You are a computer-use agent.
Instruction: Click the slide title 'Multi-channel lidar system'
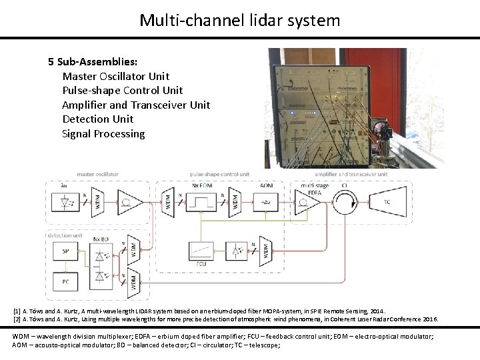click(240, 20)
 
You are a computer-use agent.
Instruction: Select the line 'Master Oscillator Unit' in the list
click(115, 76)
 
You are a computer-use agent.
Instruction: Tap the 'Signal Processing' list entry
click(103, 133)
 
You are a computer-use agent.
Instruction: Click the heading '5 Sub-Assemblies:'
click(93, 62)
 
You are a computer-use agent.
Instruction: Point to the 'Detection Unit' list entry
click(97, 119)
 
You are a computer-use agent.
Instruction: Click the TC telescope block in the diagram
click(387, 202)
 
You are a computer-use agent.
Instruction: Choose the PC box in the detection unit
click(65, 282)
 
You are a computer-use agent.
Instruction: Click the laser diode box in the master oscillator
click(65, 202)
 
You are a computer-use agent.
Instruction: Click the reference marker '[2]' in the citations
click(17, 319)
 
